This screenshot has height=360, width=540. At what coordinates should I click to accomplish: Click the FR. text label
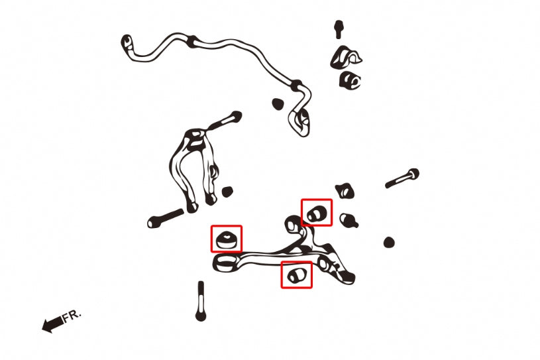pos(72,316)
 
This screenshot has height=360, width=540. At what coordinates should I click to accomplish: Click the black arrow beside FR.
pos(53,324)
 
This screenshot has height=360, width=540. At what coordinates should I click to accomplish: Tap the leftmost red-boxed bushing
pos(226,240)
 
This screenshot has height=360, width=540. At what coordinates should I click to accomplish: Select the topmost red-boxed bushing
pos(317,213)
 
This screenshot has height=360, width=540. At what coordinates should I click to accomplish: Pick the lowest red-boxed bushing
pos(297,275)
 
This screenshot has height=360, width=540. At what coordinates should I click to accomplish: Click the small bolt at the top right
pos(339,29)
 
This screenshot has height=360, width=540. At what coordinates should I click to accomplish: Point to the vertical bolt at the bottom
pos(201,302)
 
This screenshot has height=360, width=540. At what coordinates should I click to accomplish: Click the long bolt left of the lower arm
pos(166,218)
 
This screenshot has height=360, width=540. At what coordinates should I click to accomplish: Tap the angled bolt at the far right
pos(402,178)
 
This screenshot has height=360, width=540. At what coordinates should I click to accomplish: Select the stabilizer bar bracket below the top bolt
pos(345,57)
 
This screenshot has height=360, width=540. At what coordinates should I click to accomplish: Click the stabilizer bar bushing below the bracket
pos(350,80)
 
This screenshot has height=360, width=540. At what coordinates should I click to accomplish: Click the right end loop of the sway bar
pos(300,122)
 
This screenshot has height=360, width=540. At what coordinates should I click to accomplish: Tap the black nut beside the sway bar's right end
pos(278,103)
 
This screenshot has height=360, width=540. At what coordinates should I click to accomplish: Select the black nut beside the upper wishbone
pos(227,192)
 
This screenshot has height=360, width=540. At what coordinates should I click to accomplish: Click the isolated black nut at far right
pos(389,242)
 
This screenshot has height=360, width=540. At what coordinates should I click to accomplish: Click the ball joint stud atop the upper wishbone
pos(226,120)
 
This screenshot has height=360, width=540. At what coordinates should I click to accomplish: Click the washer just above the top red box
pos(345,191)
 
